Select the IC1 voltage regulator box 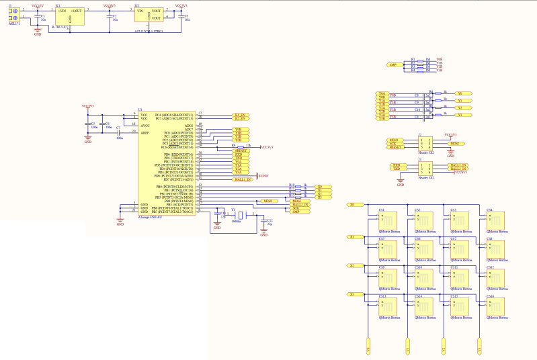pyautogui.click(x=69, y=15)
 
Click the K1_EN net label pyautogui.click(x=241, y=115)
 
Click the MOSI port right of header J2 pyautogui.click(x=455, y=144)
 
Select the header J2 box pyautogui.click(x=426, y=143)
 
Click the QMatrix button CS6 pyautogui.click(x=424, y=249)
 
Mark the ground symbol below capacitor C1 pyautogui.click(x=38, y=31)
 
